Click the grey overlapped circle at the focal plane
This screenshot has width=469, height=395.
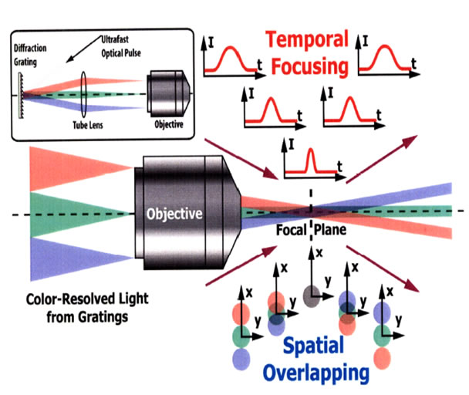312,296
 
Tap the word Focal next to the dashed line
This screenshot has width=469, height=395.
292,229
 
